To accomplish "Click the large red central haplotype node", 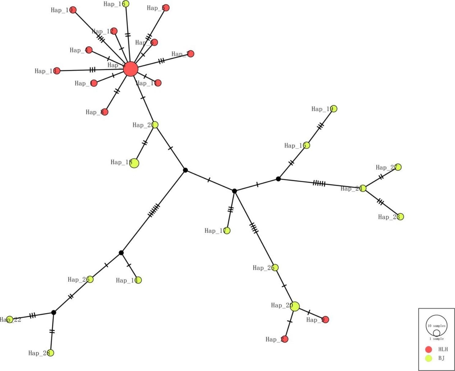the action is tap(131, 69).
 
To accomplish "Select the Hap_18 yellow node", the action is tap(134, 163).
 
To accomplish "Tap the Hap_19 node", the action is tap(334, 109).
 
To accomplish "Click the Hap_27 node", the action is tap(398, 167).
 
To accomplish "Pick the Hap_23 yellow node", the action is tap(400, 217).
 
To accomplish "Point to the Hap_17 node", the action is tap(227, 231).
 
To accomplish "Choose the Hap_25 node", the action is tap(275, 268).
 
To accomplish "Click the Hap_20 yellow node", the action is tap(295, 306).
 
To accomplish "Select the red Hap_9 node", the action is tap(326, 319).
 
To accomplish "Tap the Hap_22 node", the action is tap(10, 319).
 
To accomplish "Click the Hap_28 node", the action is tap(51, 353).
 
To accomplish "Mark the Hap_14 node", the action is tap(138, 280).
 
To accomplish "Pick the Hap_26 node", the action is tap(90, 279).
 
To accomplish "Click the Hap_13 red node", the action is tap(57, 71).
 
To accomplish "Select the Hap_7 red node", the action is tap(191, 54).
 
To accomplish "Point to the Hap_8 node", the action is tap(105, 112).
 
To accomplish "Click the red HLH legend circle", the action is tap(429, 349).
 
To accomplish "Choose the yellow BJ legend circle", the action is tap(429, 358).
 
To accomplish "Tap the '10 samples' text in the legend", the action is tap(436, 326).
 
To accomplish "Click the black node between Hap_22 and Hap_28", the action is tap(54, 312).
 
